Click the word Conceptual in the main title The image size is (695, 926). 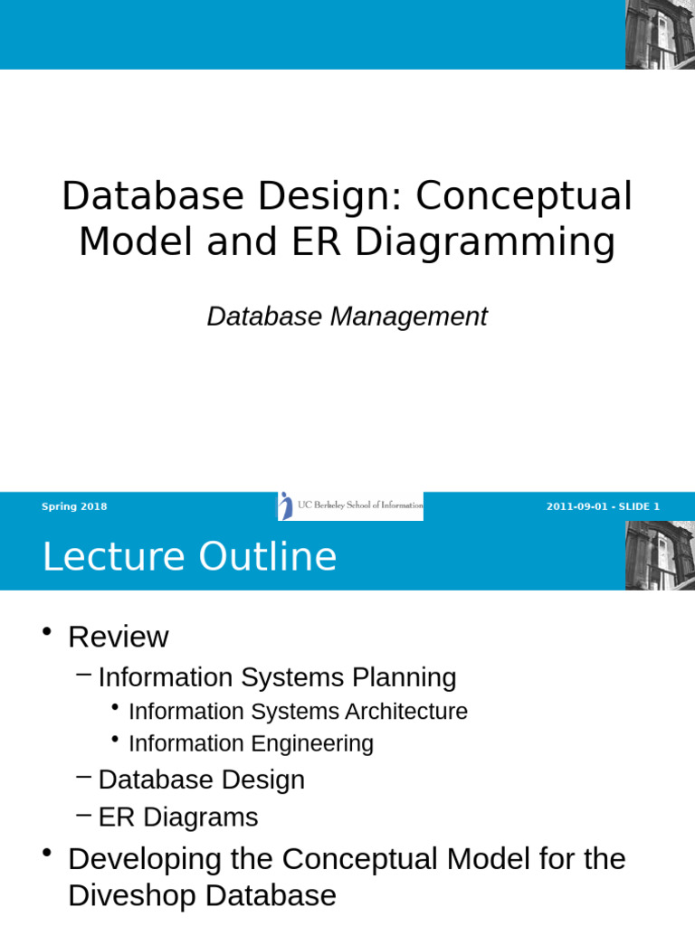524,197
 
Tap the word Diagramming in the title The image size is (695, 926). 485,243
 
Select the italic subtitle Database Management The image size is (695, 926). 347,317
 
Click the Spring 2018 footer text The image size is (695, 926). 74,506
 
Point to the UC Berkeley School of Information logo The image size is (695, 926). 350,506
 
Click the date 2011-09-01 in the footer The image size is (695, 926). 576,506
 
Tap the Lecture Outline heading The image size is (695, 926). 189,556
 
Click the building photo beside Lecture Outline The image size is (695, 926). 660,555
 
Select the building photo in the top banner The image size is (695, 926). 660,34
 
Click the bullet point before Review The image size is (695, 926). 47,631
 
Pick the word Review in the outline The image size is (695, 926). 119,638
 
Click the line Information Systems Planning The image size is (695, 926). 277,678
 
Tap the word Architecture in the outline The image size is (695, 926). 406,712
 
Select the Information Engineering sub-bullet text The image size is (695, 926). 252,744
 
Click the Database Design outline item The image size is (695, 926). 202,780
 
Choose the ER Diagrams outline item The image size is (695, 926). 178,817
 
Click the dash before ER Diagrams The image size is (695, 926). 84,816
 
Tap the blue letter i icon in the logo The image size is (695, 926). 286,506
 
